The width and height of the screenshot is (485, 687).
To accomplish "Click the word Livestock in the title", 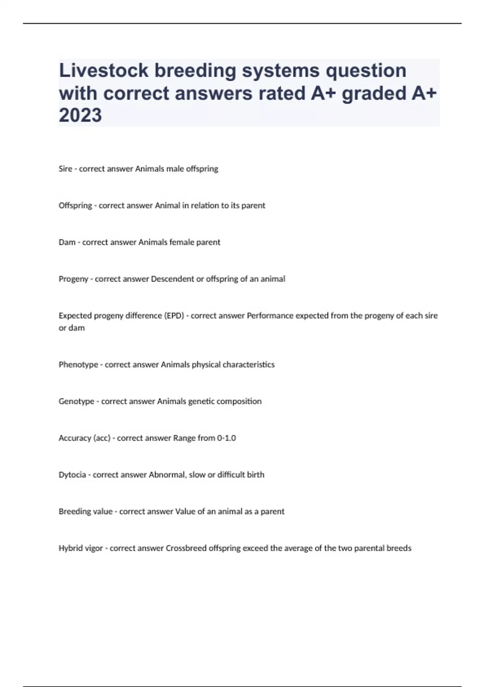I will click(x=103, y=70).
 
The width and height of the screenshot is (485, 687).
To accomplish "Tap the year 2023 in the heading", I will click(x=80, y=115).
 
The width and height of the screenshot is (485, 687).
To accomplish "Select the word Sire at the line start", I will click(x=65, y=169).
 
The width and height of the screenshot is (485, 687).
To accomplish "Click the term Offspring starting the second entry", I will click(x=75, y=206).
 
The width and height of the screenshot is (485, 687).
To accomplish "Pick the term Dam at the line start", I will click(x=67, y=242).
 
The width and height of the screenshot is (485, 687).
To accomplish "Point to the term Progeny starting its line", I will click(x=73, y=279).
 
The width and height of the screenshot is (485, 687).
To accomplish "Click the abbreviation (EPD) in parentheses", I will click(x=173, y=316).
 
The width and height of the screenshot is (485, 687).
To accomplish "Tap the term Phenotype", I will click(x=78, y=365).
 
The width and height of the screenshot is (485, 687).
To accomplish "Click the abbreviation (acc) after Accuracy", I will click(x=102, y=438).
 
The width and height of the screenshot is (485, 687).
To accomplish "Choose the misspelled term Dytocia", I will click(x=72, y=475).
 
